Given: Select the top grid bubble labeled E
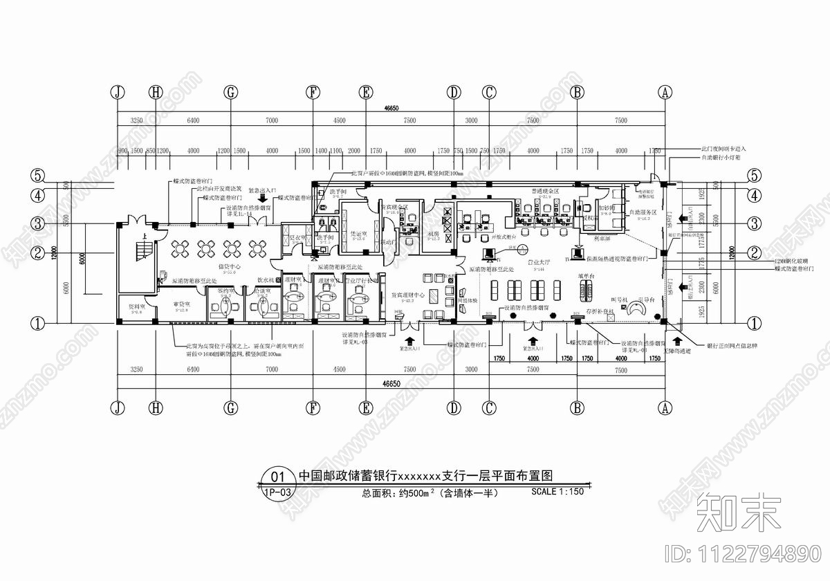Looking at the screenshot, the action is [366, 92].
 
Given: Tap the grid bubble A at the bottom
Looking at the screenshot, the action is [665, 408].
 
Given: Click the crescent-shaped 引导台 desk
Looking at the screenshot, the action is [634, 311].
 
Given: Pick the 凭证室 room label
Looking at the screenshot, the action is [358, 233].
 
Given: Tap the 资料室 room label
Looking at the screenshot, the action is [135, 305].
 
